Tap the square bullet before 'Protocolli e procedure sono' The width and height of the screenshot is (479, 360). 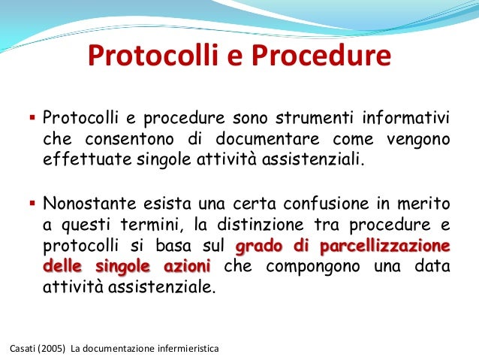(x=32, y=118)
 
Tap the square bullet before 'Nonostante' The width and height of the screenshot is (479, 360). (x=32, y=202)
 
